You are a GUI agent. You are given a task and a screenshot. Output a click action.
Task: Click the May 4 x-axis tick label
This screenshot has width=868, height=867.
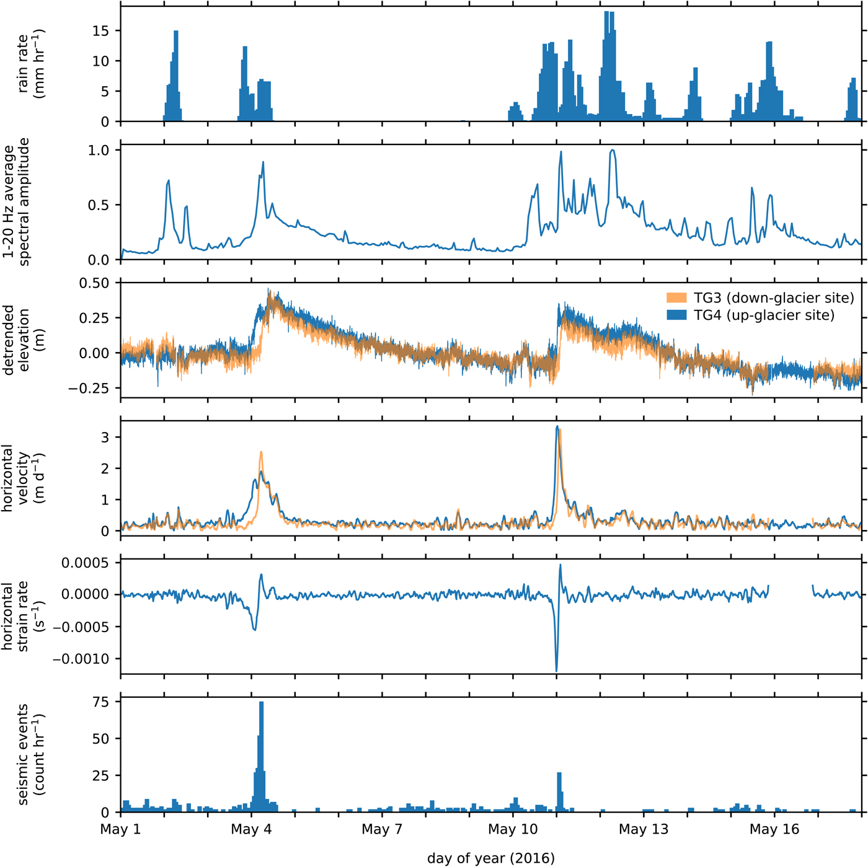click(251, 829)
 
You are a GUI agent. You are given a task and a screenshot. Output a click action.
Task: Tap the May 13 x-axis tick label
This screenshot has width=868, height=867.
click(644, 829)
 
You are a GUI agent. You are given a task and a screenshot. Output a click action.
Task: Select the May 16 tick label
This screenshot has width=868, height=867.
click(774, 829)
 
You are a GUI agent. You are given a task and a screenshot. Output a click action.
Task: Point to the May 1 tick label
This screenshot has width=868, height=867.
click(120, 829)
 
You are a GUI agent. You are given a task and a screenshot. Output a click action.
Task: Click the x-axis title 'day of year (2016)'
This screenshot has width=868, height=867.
click(490, 858)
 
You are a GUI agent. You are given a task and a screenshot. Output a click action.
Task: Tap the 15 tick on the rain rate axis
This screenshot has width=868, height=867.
click(100, 31)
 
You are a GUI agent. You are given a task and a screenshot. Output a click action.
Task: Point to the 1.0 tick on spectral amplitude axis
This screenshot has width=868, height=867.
click(99, 150)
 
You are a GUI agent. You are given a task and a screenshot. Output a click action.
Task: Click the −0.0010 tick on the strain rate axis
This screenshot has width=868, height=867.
click(81, 659)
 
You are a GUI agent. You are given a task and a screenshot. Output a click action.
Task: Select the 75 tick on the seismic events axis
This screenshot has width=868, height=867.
click(100, 702)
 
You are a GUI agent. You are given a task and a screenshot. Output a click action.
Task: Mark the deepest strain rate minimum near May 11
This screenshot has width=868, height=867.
click(556, 670)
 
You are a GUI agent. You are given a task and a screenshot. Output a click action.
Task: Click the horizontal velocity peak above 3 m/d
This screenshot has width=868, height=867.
click(557, 427)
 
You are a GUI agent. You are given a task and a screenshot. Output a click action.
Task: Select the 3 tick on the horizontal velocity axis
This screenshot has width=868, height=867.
click(105, 438)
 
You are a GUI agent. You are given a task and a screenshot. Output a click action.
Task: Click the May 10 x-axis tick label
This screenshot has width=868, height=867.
click(513, 829)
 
